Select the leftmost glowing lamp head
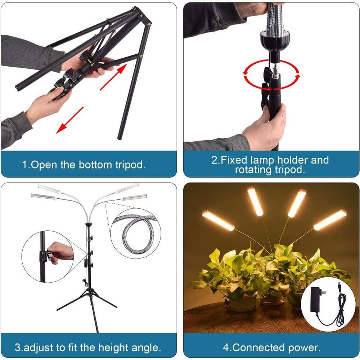[218, 220]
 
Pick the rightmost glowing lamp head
[330, 220]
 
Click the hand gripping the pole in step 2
[266, 126]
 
